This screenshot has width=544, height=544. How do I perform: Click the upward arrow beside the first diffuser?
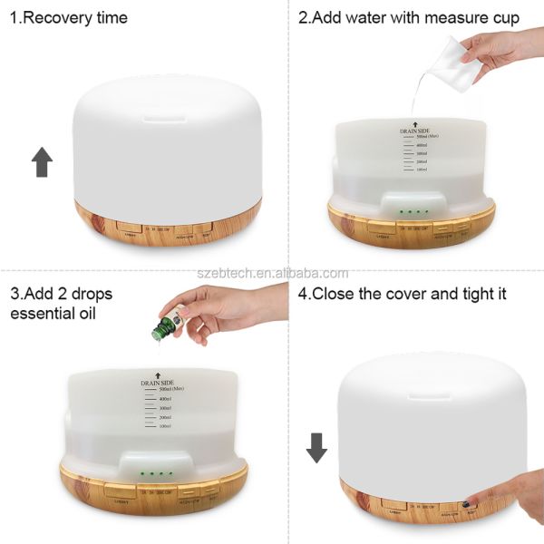coord(42,163)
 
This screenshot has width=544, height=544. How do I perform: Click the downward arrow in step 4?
coord(316,447)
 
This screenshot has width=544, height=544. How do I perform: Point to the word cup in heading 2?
coord(502,17)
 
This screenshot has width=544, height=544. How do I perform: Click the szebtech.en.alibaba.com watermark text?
coord(272,274)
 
